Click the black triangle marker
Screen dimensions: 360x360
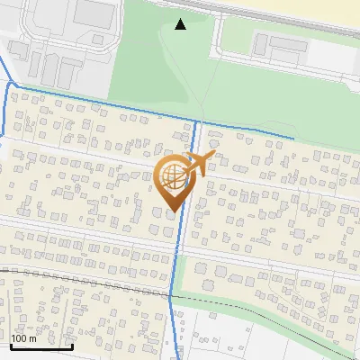[x=181, y=24]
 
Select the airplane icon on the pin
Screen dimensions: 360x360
[x=199, y=163]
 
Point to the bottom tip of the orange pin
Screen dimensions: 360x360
[x=172, y=212]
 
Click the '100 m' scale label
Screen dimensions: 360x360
[x=23, y=338]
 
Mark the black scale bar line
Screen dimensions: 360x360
[x=40, y=346]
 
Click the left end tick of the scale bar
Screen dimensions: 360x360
[x=10, y=344]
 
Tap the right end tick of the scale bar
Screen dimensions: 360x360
[x=72, y=344]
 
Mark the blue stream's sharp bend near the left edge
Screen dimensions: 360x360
[x=12, y=84]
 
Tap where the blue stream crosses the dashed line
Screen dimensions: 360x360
[x=172, y=293]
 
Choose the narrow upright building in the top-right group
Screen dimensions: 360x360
[x=260, y=44]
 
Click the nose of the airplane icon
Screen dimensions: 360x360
[x=214, y=157]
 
